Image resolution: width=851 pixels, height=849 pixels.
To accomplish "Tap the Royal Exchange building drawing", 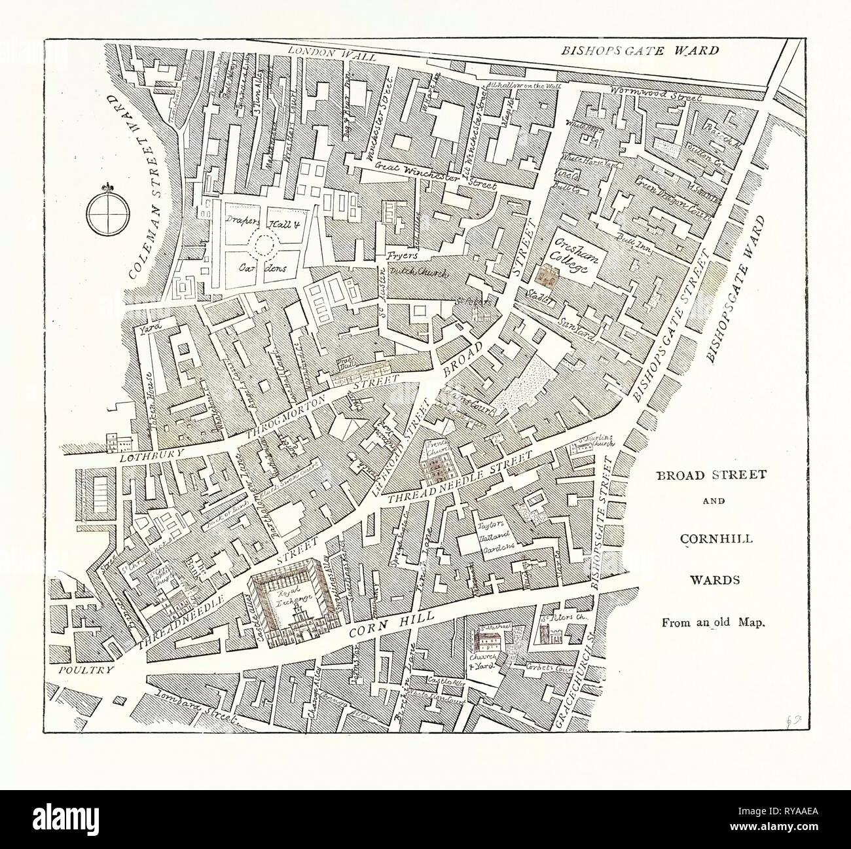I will [x=291, y=607].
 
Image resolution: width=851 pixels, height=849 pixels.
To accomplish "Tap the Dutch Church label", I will [x=419, y=274].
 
